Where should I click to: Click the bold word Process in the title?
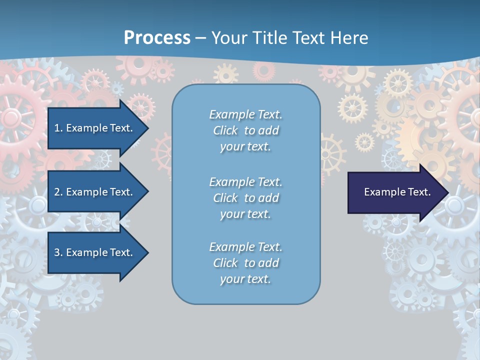tap(157, 38)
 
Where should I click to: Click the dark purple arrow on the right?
tap(395, 192)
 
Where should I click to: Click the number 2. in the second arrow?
tap(58, 192)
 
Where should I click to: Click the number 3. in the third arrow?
tap(58, 252)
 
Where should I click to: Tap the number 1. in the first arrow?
tap(58, 128)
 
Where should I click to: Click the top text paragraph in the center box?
tap(245, 130)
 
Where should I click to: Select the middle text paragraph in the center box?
tap(245, 198)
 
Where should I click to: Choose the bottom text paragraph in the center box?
tap(245, 263)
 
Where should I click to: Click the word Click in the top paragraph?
tap(225, 130)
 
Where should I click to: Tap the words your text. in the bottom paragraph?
tap(245, 279)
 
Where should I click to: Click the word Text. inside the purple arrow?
tap(418, 192)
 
